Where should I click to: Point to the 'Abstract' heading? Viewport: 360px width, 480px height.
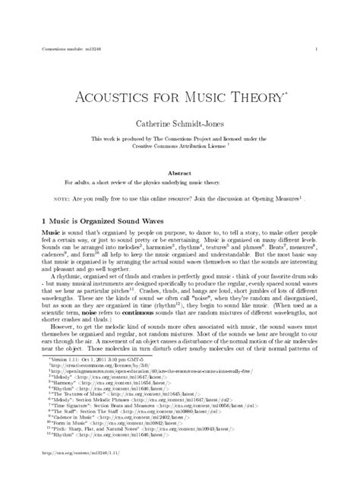179,173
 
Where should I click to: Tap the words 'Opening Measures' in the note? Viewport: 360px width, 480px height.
276,200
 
